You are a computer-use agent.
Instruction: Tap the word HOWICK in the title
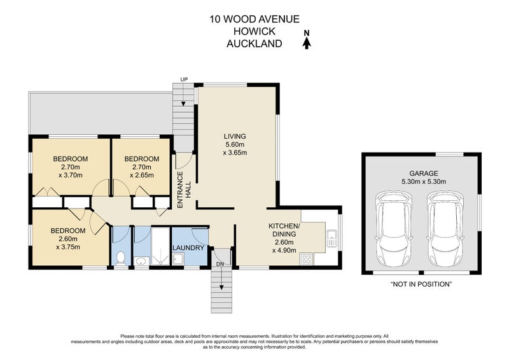[254, 32]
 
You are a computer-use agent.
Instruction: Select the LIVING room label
[235, 136]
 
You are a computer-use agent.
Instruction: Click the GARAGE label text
[424, 174]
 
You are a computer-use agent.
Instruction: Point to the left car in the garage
[394, 228]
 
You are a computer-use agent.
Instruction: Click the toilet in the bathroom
[120, 258]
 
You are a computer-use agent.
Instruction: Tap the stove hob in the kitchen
[307, 259]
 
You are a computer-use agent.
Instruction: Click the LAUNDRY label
[188, 248]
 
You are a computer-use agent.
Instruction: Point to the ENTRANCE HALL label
[184, 190]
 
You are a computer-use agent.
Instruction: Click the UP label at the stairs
[184, 80]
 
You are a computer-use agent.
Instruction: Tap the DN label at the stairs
[220, 264]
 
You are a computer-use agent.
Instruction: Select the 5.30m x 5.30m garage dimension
[424, 182]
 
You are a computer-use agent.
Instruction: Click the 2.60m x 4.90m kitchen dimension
[284, 246]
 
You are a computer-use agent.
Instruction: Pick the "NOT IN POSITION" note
[421, 284]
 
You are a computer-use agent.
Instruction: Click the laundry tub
[178, 259]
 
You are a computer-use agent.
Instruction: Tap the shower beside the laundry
[160, 246]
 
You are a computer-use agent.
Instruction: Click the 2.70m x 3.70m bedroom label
[71, 171]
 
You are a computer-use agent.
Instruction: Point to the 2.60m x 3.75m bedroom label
[68, 243]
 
